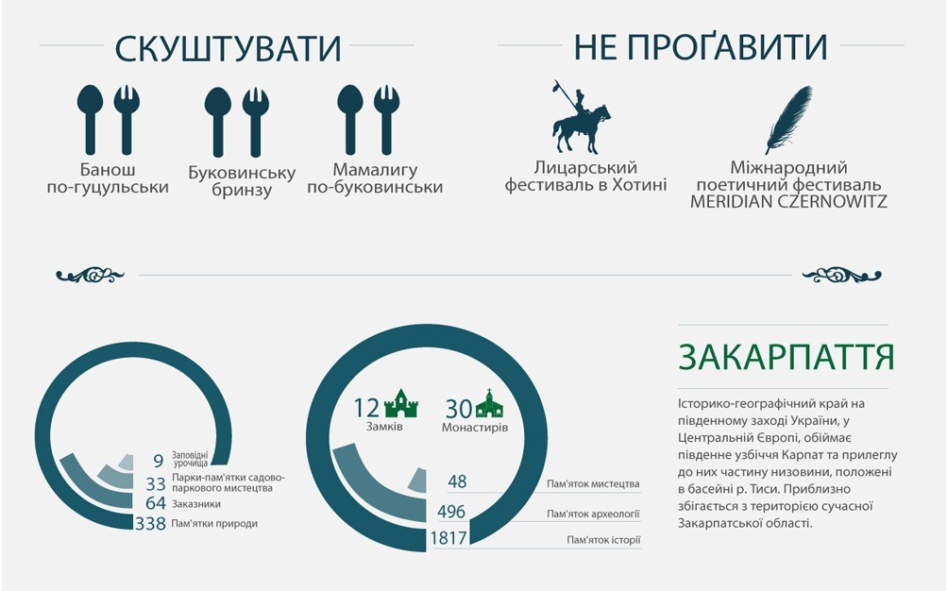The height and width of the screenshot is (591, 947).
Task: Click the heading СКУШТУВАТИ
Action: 228,49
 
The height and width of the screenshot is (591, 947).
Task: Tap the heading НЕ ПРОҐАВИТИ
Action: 700,47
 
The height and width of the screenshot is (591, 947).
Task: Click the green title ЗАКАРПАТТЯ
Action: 786,357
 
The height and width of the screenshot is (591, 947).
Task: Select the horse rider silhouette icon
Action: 581,117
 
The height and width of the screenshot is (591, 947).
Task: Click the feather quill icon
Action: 788,120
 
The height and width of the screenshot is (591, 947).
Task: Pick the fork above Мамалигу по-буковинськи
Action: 386,120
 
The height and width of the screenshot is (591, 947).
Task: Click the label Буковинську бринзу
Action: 242,181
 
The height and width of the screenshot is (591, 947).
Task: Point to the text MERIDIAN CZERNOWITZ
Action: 788,202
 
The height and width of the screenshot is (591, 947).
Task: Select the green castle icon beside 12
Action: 401,404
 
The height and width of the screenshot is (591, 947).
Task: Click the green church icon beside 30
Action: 489,404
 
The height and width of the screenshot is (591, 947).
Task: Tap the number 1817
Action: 448,537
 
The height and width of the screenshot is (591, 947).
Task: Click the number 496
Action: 451,512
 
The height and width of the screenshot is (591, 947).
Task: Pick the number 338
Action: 150,523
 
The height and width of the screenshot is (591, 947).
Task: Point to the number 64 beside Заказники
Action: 156,503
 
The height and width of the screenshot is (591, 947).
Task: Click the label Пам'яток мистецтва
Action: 593,484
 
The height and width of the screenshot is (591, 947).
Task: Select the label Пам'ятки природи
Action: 214,523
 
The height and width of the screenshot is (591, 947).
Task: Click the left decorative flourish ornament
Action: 90,276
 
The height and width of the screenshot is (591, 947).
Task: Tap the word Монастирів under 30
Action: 475,428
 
